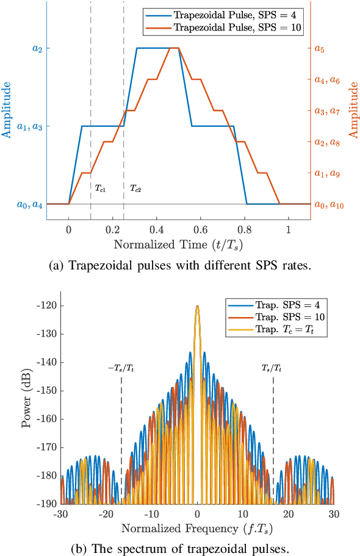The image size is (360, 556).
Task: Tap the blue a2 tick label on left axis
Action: point(37,48)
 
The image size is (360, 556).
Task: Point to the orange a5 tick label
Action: point(319,48)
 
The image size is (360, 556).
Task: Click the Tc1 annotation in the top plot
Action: point(101,189)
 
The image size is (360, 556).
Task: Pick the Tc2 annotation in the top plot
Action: point(135,189)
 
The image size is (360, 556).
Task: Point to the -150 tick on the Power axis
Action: point(49,390)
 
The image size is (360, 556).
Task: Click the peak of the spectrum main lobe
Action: point(197,306)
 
